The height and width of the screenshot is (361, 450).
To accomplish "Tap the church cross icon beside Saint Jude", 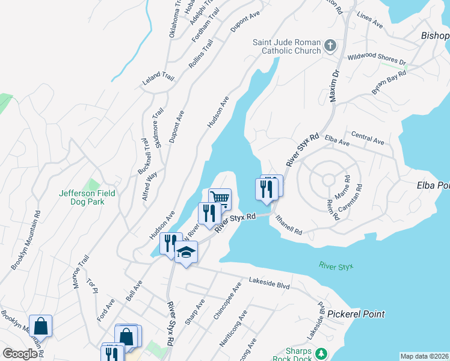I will pyautogui.click(x=330, y=46).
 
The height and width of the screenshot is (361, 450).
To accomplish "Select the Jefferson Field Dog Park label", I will pyautogui.click(x=87, y=197).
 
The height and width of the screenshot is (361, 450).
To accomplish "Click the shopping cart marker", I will pyautogui.click(x=220, y=198).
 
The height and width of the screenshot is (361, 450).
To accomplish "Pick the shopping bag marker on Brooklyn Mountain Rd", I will pyautogui.click(x=40, y=326).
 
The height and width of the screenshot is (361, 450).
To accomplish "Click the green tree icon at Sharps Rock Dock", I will pyautogui.click(x=322, y=353).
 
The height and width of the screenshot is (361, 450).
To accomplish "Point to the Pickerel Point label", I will pyautogui.click(x=356, y=314).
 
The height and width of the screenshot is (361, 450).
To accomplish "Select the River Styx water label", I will pyautogui.click(x=336, y=265).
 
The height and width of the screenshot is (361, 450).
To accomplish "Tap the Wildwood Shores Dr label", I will pyautogui.click(x=377, y=60).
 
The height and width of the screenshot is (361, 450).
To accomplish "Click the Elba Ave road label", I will pyautogui.click(x=337, y=141).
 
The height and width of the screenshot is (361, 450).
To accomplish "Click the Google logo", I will pyautogui.click(x=20, y=354).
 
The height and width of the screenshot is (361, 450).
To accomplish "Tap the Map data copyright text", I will pyautogui.click(x=424, y=356).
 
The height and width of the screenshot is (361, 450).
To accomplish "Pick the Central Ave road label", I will pyautogui.click(x=367, y=138).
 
